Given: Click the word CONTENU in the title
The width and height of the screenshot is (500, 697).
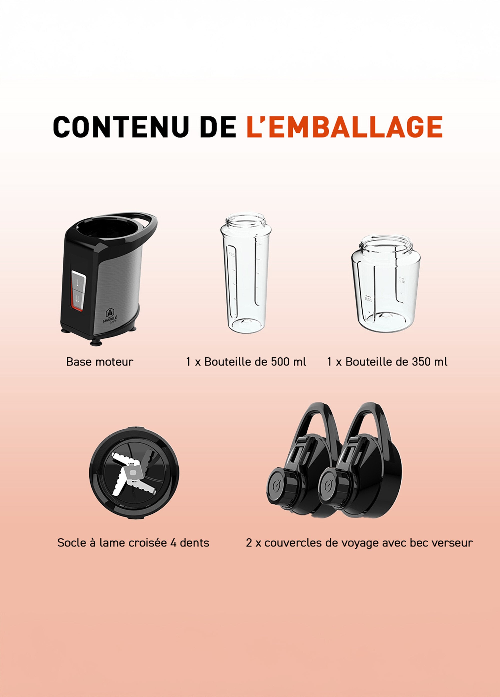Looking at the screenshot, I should coord(120,127).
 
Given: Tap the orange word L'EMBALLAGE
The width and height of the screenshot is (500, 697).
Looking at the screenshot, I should coord(344,127).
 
